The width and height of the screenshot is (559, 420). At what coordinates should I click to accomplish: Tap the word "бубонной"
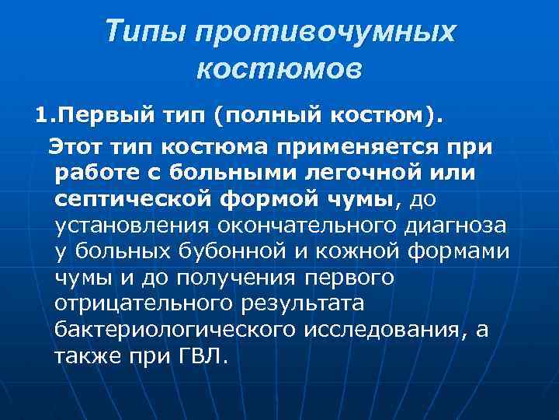coord(239,252)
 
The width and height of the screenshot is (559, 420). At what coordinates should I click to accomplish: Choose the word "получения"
coord(234,278)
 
